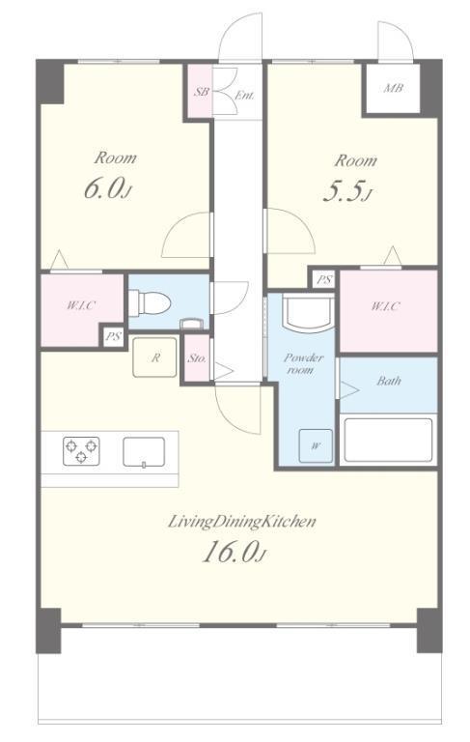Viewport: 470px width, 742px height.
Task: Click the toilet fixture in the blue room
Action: pyautogui.click(x=149, y=302)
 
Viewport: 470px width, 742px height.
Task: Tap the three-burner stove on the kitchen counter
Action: pyautogui.click(x=81, y=450)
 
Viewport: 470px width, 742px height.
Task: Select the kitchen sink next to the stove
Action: pyautogui.click(x=144, y=452)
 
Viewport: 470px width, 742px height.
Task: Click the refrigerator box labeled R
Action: pyautogui.click(x=154, y=357)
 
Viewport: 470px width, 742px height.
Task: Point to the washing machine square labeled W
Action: pyautogui.click(x=316, y=445)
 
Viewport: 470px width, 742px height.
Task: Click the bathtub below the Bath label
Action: pyautogui.click(x=388, y=440)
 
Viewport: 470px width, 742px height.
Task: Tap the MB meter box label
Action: pyautogui.click(x=393, y=88)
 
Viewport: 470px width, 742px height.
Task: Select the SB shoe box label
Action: pyautogui.click(x=201, y=92)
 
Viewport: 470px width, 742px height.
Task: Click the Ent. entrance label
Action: pyautogui.click(x=244, y=96)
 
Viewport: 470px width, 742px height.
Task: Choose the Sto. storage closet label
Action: pyautogui.click(x=197, y=358)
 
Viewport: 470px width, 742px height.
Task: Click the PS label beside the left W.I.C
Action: pyautogui.click(x=114, y=337)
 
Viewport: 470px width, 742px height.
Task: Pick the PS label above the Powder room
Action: pyautogui.click(x=324, y=279)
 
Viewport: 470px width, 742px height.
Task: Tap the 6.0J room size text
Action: pyautogui.click(x=107, y=188)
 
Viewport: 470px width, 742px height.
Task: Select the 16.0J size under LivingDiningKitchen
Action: pyautogui.click(x=233, y=553)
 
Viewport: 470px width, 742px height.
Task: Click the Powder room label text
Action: pyautogui.click(x=304, y=363)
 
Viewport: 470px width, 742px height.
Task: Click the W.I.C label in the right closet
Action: pyautogui.click(x=385, y=306)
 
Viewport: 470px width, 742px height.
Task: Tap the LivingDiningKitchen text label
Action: pyautogui.click(x=242, y=522)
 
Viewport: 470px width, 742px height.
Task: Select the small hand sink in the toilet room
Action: pyautogui.click(x=193, y=324)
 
